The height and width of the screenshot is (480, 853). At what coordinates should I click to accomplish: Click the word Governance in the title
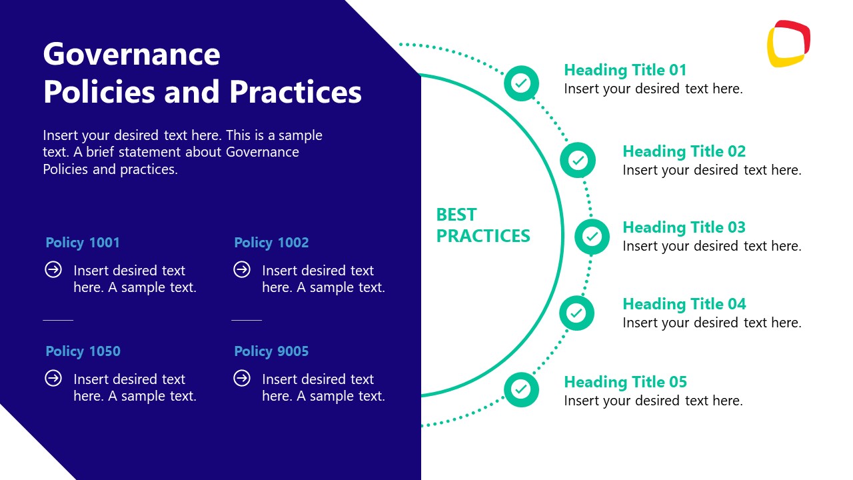(131, 54)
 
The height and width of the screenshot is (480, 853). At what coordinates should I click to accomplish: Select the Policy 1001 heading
(83, 243)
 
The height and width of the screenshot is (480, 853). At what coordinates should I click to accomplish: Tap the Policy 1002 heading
(271, 243)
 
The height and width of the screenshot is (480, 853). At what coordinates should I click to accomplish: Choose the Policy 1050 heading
(83, 351)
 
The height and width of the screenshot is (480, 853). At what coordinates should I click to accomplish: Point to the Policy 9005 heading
(271, 351)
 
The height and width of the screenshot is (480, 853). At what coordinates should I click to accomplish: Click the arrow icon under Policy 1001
(53, 269)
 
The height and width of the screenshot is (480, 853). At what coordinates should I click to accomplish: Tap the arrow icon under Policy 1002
(242, 269)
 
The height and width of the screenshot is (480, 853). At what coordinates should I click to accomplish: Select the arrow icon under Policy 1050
(53, 378)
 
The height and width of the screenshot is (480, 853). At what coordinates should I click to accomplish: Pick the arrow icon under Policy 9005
(242, 378)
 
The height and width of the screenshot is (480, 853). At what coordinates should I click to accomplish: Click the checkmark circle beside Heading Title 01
(521, 83)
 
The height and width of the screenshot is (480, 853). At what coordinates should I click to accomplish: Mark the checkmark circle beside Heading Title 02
(578, 160)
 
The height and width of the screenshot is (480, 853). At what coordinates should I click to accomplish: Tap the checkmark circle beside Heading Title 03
(592, 236)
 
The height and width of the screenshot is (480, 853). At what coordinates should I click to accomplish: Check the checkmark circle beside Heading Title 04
(576, 313)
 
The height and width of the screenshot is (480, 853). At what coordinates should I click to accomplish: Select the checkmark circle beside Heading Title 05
(521, 389)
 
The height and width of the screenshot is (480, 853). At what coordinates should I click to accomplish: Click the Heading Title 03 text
(684, 227)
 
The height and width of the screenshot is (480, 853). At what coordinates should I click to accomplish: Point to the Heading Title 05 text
(625, 382)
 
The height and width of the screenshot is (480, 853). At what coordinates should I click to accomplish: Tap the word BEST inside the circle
(456, 215)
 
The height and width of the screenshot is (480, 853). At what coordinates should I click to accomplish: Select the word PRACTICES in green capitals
(483, 236)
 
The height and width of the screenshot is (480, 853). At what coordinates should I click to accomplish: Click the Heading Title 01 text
(625, 70)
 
